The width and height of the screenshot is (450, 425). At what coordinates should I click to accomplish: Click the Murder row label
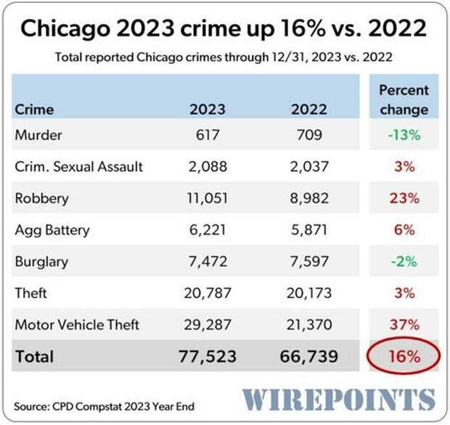tap(38, 135)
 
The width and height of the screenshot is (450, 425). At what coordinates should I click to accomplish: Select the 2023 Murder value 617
tap(208, 135)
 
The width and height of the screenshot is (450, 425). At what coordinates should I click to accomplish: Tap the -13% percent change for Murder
tap(404, 135)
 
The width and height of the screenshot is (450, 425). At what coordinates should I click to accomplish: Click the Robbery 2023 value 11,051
tap(208, 198)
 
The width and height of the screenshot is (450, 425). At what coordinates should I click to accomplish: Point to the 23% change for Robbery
tap(404, 198)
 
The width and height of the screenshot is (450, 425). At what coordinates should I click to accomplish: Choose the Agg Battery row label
tap(52, 230)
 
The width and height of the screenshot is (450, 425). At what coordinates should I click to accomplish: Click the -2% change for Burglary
tap(404, 262)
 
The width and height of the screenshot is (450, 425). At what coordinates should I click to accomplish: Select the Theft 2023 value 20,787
tap(208, 294)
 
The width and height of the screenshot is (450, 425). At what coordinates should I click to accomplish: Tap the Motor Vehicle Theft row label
tap(76, 325)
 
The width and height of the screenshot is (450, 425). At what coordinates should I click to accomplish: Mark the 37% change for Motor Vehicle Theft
tap(404, 325)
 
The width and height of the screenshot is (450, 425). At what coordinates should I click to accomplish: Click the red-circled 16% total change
tap(404, 357)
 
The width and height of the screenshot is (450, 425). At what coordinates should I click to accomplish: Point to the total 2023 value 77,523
tap(208, 357)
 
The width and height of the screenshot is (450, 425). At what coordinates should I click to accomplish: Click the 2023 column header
tap(208, 110)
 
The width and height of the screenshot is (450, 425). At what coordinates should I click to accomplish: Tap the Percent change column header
tap(404, 100)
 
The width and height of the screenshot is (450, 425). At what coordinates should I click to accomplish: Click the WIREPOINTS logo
tap(339, 400)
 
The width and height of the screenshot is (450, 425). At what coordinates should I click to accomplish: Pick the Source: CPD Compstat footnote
tap(104, 406)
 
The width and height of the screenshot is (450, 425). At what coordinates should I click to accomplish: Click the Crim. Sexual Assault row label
tap(78, 166)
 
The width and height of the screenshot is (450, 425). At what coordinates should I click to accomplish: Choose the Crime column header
tap(33, 110)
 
